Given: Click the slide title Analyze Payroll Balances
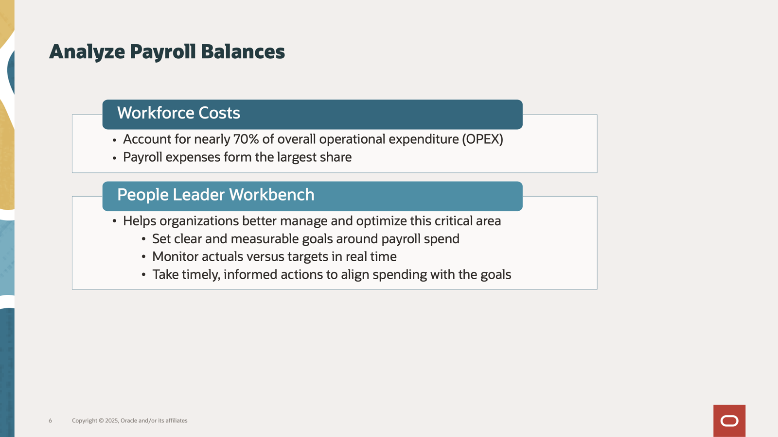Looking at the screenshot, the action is coord(167,52).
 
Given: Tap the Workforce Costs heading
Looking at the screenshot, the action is coord(178,113).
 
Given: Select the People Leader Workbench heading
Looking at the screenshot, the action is coord(216,195).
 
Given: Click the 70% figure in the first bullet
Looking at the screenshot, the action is coord(246,139).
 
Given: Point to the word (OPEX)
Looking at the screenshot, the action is coord(482,139).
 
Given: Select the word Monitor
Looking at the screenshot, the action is coord(175,257).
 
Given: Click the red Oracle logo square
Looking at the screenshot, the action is coord(729,420).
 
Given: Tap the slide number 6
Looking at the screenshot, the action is coord(51,420).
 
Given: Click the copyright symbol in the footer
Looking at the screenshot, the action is coord(102,420).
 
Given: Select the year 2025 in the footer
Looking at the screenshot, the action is coord(111,420).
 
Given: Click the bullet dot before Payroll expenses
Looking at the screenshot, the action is coord(114,158).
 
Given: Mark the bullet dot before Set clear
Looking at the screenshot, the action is coord(143,239).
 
